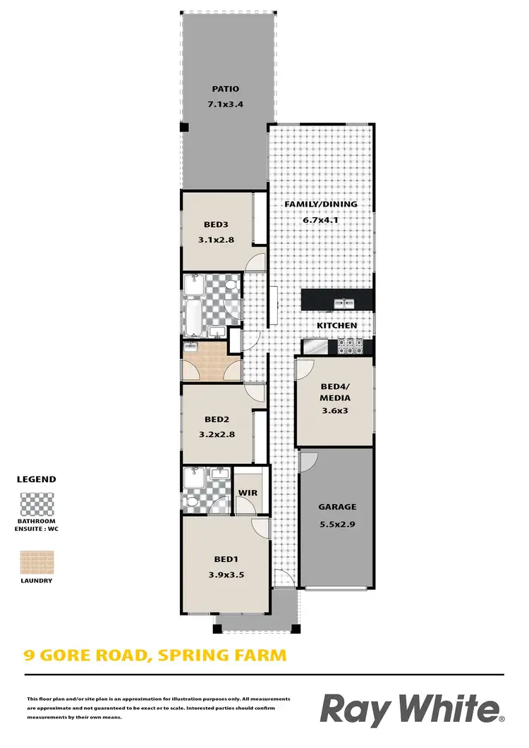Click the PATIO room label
coord(226,89)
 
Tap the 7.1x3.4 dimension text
coord(226,104)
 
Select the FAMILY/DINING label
coord(320,204)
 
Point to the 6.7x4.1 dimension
coord(321,220)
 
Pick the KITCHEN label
coord(336,326)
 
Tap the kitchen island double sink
coord(344,303)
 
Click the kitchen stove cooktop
coord(351,345)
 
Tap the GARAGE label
coord(337,506)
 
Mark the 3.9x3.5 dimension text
coord(226,575)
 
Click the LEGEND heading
coord(36,479)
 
